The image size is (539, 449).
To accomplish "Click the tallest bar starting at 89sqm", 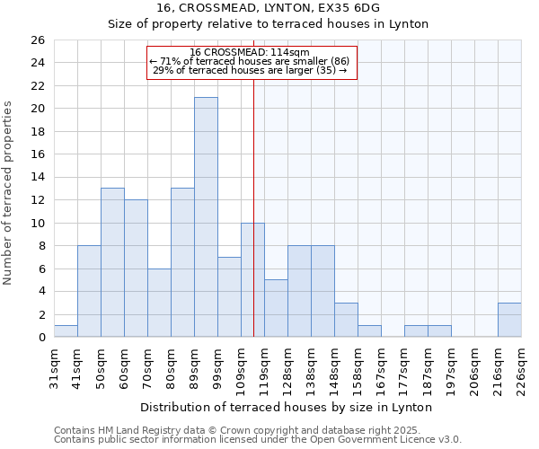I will pyautogui.click(x=206, y=216).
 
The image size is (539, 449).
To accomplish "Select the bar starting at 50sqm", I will pyautogui.click(x=112, y=262).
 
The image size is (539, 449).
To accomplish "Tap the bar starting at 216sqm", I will pyautogui.click(x=509, y=320).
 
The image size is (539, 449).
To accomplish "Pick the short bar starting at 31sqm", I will pyautogui.click(x=66, y=330).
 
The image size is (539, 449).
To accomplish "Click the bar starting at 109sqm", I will pyautogui.click(x=252, y=279).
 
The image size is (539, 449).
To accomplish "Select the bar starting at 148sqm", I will pyautogui.click(x=346, y=320).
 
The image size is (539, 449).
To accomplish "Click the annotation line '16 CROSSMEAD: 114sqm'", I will pyautogui.click(x=251, y=52).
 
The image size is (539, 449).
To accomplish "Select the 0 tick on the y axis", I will pyautogui.click(x=41, y=338).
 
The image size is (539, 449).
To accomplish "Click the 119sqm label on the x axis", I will pyautogui.click(x=264, y=368).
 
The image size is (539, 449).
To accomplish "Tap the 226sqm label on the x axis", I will pyautogui.click(x=521, y=368).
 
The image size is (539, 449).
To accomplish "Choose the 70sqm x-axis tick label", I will pyautogui.click(x=147, y=368).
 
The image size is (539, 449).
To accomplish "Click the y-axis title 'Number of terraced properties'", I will pyautogui.click(x=9, y=193).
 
